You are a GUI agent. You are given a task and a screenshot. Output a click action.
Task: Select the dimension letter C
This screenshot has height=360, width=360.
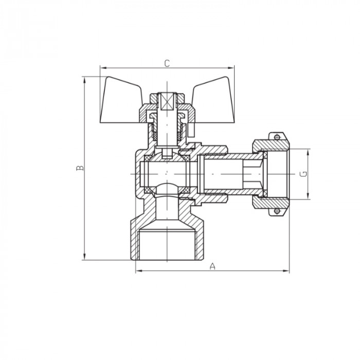pos(167,63)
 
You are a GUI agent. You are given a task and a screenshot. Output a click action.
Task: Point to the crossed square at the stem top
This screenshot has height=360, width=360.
pos(167,101)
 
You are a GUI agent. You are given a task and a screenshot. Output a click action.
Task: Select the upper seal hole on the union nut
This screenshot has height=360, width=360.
pos(277,137)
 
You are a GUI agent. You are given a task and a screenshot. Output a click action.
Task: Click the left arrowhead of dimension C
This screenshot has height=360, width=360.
pos(101,67)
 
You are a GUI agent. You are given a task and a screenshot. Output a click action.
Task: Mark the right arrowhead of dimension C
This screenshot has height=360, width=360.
pos(232,67)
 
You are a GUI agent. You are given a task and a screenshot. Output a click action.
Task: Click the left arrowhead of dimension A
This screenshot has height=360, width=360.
pos(138,271)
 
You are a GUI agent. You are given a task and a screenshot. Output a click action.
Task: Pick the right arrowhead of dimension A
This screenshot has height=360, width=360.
pos(287,271)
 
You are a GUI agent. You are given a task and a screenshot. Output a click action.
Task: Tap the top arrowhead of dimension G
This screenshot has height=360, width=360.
pos(308,151)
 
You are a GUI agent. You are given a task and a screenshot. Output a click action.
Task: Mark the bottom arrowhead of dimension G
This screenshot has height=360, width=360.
pos(308,197)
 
